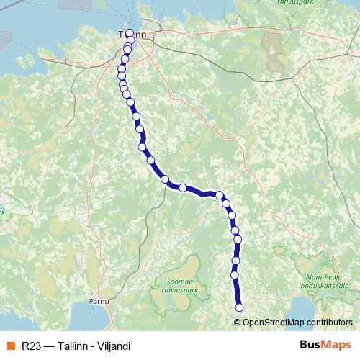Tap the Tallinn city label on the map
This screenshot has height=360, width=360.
[x=132, y=34]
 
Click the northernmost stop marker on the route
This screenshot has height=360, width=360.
[x=130, y=33]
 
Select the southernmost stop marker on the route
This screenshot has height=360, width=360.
[x=239, y=308]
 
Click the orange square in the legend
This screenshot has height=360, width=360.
[x=11, y=346]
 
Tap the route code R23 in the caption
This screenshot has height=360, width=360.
[x=32, y=346]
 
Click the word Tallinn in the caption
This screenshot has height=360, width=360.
[x=73, y=346]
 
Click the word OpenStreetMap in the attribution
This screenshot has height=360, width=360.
[x=272, y=322]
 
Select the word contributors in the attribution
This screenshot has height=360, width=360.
[x=328, y=322]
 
